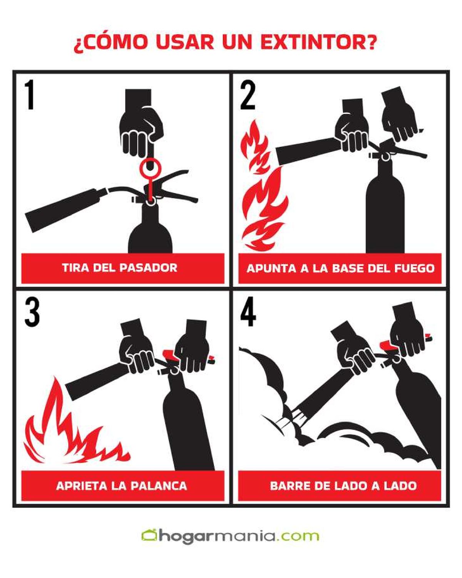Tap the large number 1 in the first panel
pos(29,95)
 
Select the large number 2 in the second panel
pos(248,96)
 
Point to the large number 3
pos(32,313)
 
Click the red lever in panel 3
pos(169,354)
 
